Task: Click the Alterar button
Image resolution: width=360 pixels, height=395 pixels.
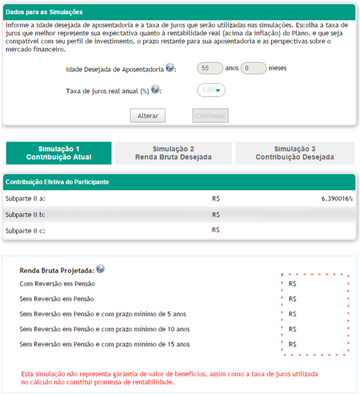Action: click(147, 115)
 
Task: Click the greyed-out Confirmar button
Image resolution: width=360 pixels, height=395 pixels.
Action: click(210, 115)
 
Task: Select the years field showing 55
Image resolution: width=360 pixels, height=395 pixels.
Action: click(210, 68)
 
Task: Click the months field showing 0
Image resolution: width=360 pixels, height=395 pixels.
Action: click(253, 68)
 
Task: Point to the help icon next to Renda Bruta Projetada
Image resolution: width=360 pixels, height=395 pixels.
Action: click(100, 269)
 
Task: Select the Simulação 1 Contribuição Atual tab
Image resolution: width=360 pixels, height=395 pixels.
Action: click(59, 153)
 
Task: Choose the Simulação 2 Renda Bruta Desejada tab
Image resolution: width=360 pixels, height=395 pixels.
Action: click(173, 153)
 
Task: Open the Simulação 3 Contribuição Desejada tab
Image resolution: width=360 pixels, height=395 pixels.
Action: click(295, 153)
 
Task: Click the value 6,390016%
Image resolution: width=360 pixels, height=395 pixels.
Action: click(336, 199)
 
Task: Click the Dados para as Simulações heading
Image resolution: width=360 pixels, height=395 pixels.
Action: click(44, 11)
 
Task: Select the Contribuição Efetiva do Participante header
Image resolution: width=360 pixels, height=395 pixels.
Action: click(57, 182)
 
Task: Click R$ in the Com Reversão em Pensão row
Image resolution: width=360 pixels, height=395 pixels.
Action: click(292, 284)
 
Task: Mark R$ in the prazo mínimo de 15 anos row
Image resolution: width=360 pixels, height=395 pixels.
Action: click(292, 344)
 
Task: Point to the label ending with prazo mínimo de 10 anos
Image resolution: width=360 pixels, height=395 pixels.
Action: click(104, 329)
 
